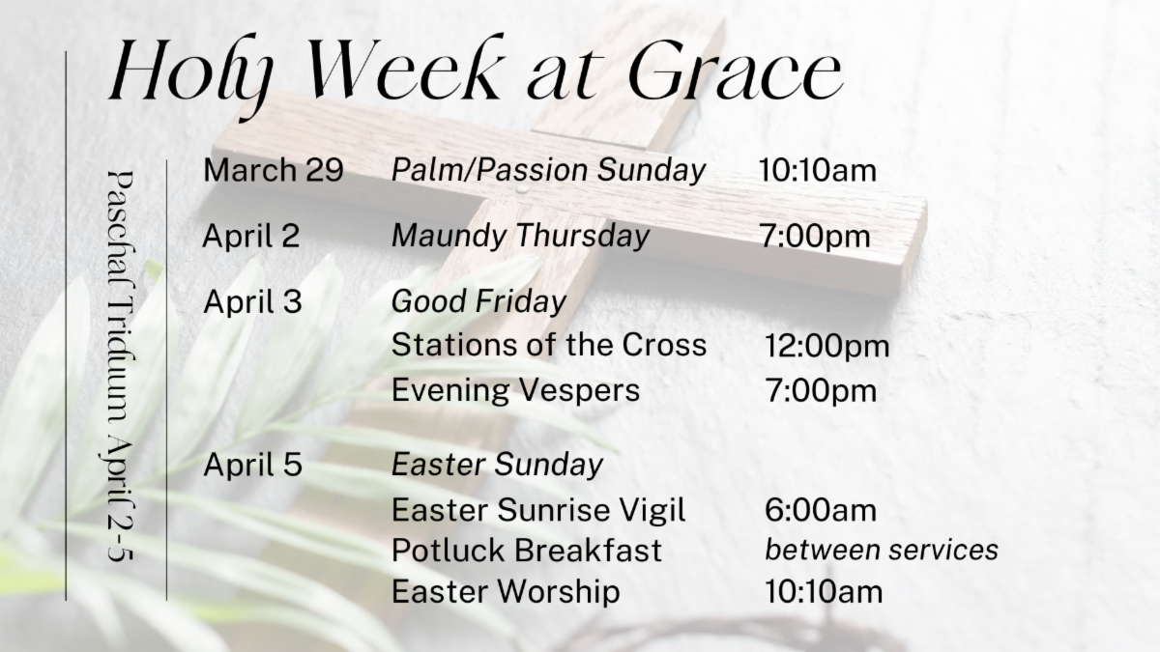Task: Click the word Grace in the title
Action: (736, 70)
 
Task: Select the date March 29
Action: (274, 170)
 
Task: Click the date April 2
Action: (251, 236)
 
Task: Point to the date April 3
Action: (252, 301)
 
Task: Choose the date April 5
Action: (252, 465)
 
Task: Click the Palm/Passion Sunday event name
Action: (548, 171)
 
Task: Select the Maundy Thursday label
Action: (520, 237)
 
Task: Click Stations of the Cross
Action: (549, 345)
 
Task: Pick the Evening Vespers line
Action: (516, 390)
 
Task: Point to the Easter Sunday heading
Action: (497, 466)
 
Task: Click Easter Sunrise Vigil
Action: (538, 511)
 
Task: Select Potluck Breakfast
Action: (527, 550)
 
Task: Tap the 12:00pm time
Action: (827, 347)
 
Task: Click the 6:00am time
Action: (821, 510)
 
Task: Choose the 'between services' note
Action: (882, 550)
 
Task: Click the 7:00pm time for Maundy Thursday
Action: (815, 237)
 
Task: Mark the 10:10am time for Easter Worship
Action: (824, 591)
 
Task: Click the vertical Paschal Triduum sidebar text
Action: (120, 366)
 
